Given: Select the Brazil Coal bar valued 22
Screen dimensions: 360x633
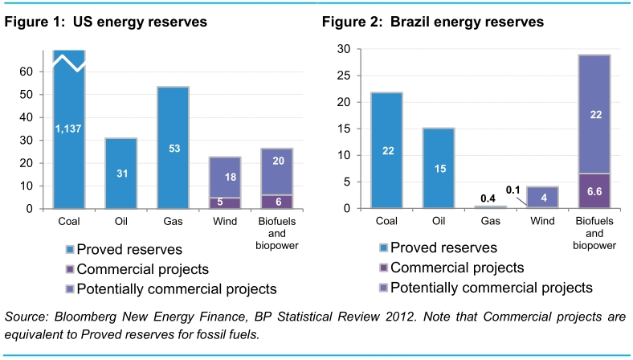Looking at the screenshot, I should click(x=387, y=150).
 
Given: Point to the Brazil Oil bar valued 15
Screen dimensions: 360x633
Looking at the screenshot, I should click(x=439, y=168).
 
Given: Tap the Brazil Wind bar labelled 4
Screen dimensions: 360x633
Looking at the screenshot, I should click(x=542, y=198).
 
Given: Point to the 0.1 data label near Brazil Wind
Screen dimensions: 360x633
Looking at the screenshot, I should click(x=515, y=190).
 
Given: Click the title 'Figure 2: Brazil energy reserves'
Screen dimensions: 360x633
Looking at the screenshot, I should click(x=433, y=22).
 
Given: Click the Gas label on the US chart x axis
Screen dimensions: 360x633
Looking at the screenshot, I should click(x=173, y=220).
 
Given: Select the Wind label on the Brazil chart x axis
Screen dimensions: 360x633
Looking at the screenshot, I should click(x=542, y=220).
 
